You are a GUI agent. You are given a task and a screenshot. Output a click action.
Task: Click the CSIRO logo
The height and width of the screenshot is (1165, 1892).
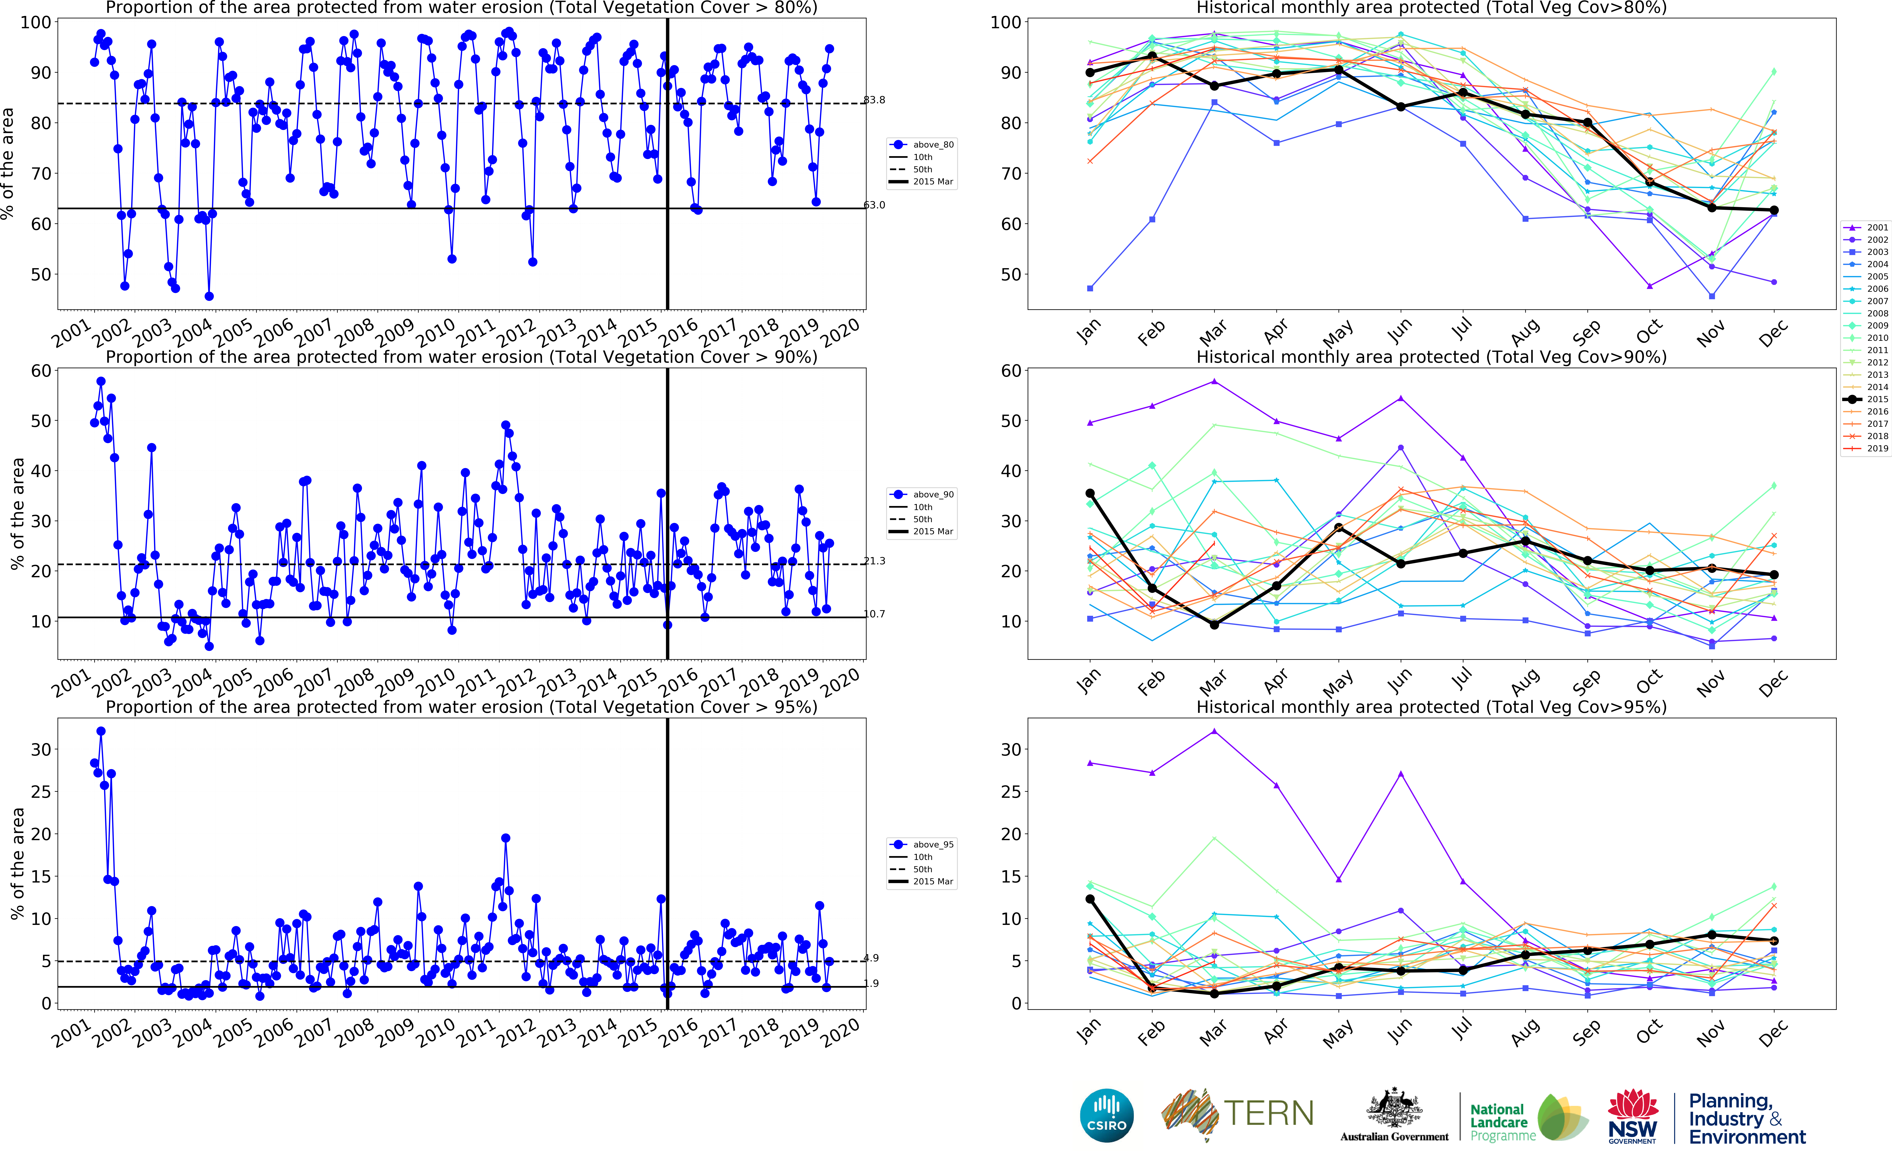coord(1107,1116)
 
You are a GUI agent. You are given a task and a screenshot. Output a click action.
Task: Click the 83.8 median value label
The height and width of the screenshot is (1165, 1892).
coord(874,100)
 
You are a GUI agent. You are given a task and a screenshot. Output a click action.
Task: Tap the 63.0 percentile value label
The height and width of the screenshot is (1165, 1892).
coord(874,205)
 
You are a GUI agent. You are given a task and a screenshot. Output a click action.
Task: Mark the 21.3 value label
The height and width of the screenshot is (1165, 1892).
coord(874,561)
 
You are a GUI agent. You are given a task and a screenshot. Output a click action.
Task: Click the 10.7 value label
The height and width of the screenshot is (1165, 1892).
coord(874,614)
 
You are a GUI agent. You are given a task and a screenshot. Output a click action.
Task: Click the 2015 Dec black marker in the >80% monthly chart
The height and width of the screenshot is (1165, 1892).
coord(1774,210)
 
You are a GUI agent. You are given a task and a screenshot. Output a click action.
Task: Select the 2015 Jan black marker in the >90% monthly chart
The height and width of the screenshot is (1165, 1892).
coord(1090,493)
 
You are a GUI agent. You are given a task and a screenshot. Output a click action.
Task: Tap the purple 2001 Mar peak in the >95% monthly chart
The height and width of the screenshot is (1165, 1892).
coord(1215,731)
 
